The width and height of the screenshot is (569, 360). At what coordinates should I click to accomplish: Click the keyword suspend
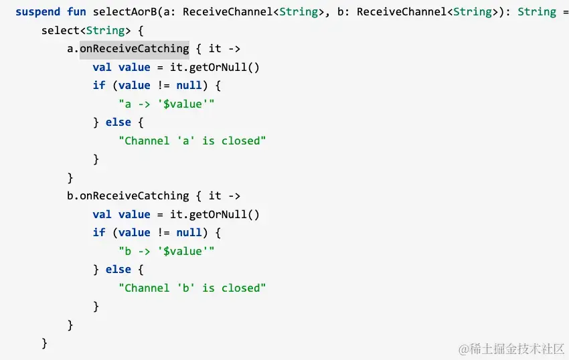[x=38, y=12]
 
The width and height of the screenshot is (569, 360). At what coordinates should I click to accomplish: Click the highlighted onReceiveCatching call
[x=134, y=48]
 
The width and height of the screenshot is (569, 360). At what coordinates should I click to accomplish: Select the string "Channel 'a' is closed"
[x=192, y=141]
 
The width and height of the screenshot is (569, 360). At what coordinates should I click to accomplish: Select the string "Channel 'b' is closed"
[x=192, y=288]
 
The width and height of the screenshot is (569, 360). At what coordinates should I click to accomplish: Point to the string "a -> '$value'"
[x=166, y=104]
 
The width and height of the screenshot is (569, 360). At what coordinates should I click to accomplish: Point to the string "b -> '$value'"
[x=166, y=251]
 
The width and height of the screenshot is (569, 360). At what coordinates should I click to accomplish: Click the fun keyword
[x=77, y=12]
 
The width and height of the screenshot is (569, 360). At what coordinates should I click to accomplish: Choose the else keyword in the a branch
[x=118, y=122]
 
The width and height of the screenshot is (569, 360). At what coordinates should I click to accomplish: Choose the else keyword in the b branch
[x=118, y=269]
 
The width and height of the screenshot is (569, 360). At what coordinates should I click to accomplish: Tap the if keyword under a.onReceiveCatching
[x=99, y=85]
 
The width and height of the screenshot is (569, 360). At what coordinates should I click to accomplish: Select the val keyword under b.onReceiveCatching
[x=102, y=214]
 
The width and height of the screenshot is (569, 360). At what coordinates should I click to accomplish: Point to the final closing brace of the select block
[x=45, y=343]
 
